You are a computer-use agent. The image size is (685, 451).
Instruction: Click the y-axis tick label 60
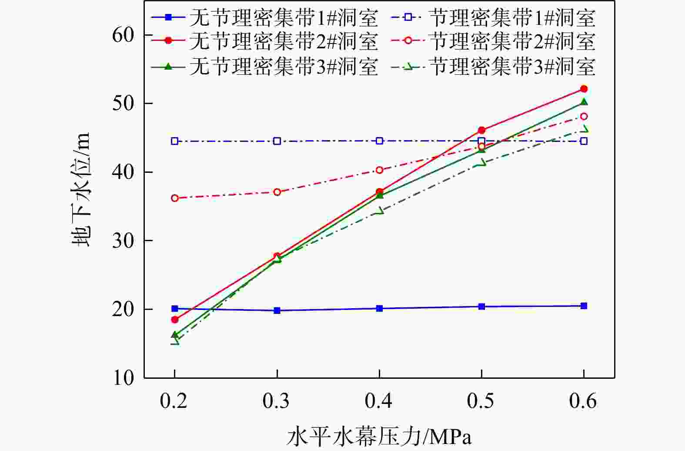click(x=123, y=35)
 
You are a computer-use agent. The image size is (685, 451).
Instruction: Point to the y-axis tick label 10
click(x=123, y=377)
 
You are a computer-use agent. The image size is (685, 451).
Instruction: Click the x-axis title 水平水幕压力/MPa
click(x=379, y=436)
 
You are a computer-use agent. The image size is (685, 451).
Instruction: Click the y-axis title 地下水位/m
click(x=81, y=189)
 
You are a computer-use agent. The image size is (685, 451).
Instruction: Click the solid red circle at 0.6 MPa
click(x=584, y=89)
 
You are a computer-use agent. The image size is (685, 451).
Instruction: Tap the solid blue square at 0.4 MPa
click(x=379, y=308)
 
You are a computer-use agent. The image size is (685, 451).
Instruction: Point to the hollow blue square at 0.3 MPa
click(x=277, y=141)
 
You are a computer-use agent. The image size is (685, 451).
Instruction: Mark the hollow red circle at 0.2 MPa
click(x=175, y=198)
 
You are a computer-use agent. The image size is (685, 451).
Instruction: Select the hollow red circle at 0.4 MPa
click(x=379, y=170)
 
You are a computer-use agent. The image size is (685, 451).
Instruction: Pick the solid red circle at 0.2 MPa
click(x=175, y=320)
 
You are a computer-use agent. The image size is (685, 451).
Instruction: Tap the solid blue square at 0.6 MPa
click(x=584, y=306)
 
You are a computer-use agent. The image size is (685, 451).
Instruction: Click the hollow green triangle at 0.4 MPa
click(x=379, y=211)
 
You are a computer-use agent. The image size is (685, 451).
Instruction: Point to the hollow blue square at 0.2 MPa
click(x=175, y=141)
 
